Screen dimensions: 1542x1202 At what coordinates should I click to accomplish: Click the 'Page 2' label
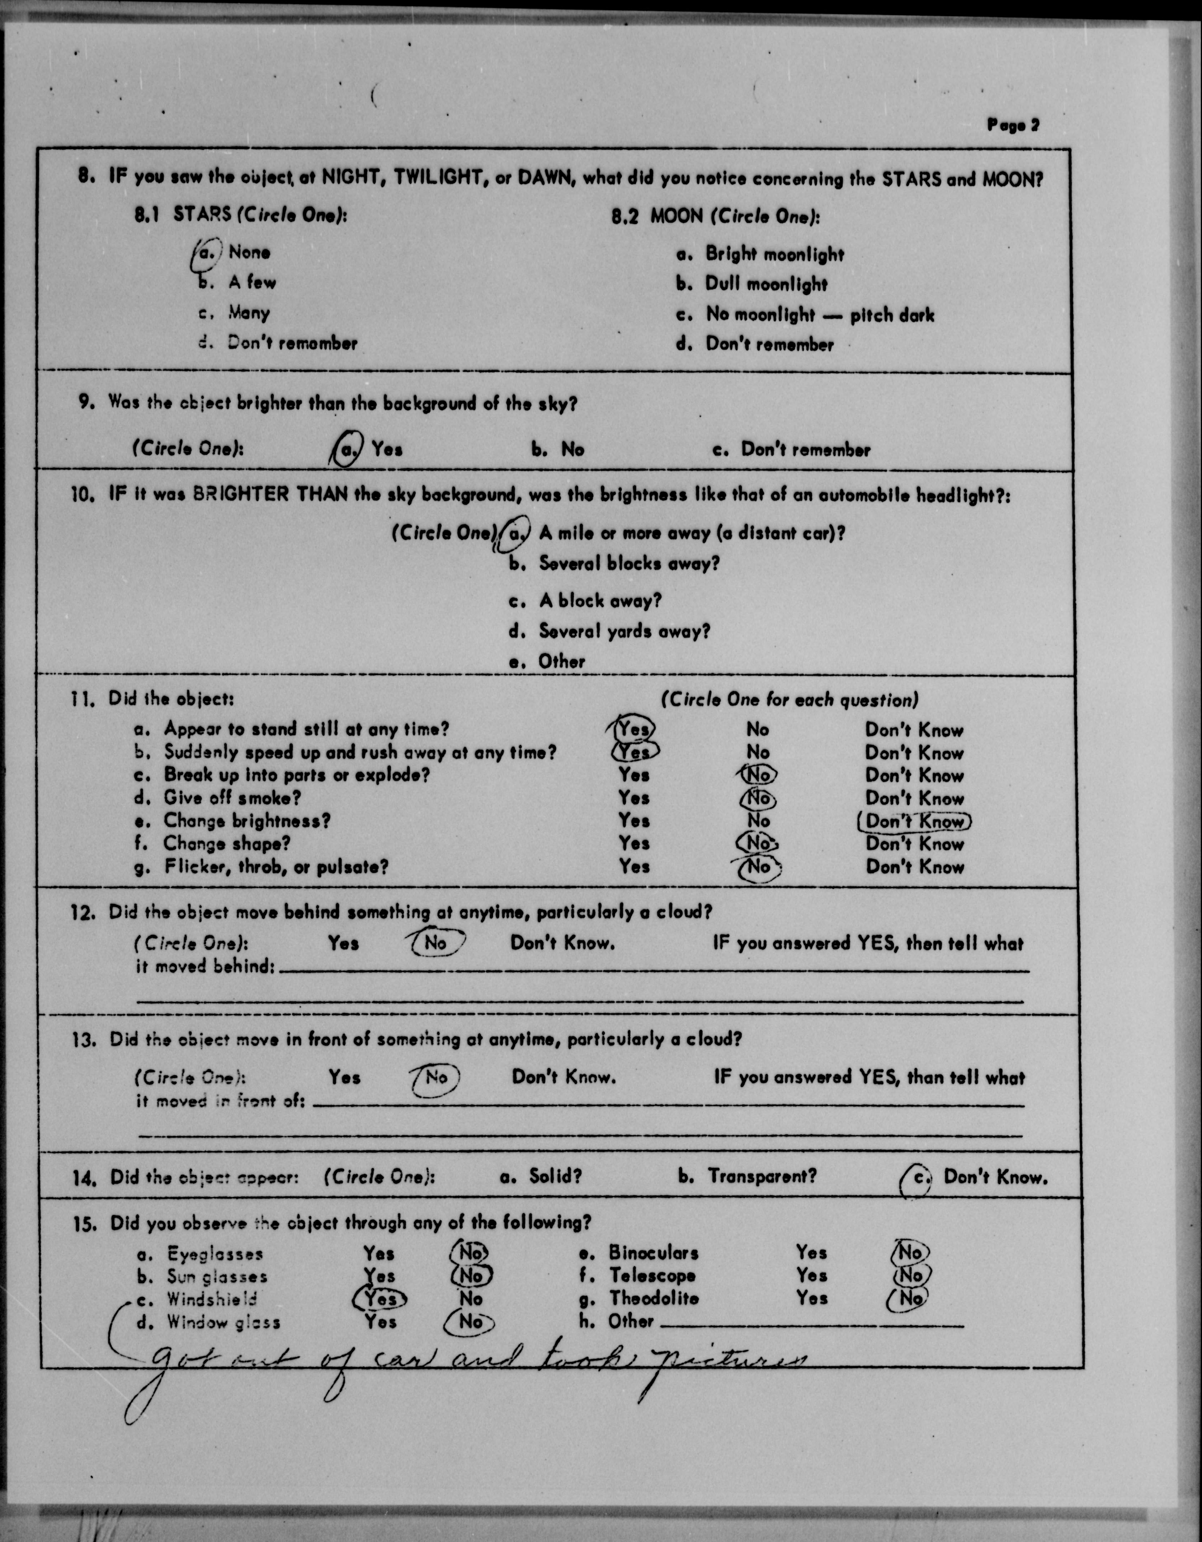(1013, 125)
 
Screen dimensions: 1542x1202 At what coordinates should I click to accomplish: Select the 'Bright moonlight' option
(774, 254)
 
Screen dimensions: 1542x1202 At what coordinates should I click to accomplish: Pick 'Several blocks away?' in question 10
(629, 563)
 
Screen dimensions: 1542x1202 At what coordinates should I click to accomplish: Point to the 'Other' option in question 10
(561, 662)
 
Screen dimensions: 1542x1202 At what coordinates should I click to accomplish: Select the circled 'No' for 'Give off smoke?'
(758, 798)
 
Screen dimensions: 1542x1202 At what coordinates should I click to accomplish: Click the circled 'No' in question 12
(436, 942)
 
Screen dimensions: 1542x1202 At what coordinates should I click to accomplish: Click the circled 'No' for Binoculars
(910, 1252)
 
